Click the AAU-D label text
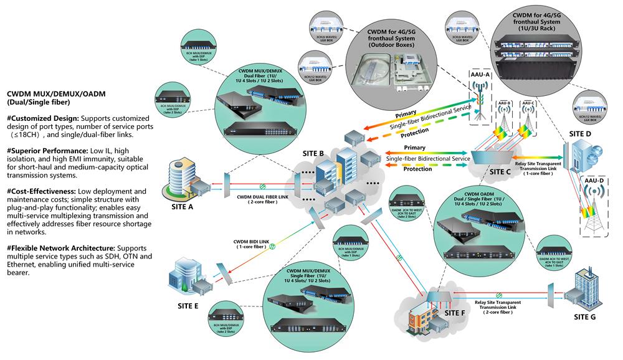[x=594, y=180]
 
